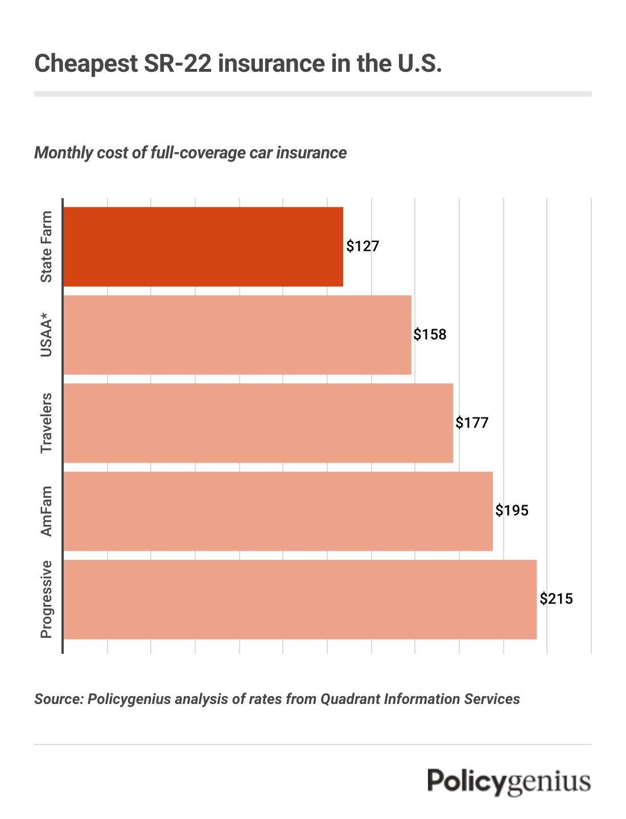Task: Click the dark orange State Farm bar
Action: [203, 247]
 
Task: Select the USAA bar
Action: [237, 335]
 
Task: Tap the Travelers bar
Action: [258, 423]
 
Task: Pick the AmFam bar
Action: [278, 511]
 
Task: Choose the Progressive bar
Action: [300, 599]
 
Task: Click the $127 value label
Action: [363, 247]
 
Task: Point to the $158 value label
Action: [430, 334]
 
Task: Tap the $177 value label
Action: [472, 423]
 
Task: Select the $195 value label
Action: [512, 510]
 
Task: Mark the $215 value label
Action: [557, 599]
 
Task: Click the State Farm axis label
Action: [46, 247]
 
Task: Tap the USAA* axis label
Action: [46, 338]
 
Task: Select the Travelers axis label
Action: [46, 423]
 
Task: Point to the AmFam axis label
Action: [46, 511]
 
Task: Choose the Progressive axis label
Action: [46, 599]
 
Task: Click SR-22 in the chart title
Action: [178, 63]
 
